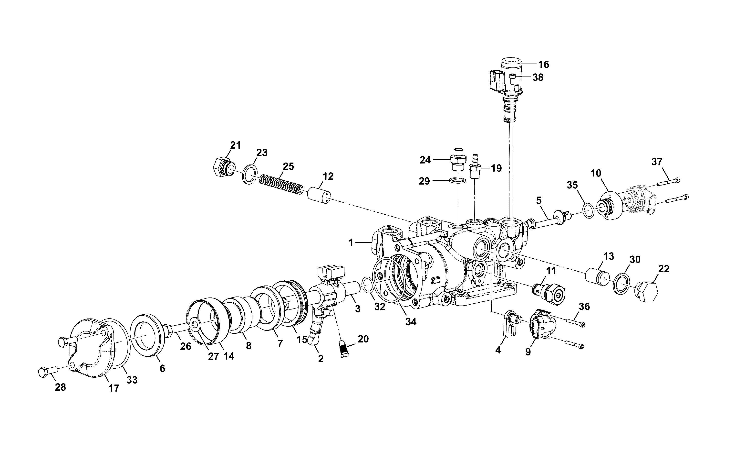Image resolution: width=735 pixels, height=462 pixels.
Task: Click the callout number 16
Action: (543, 65)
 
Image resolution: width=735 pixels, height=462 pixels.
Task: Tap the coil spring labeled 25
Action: (281, 184)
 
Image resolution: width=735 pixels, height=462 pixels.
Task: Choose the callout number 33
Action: (132, 380)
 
